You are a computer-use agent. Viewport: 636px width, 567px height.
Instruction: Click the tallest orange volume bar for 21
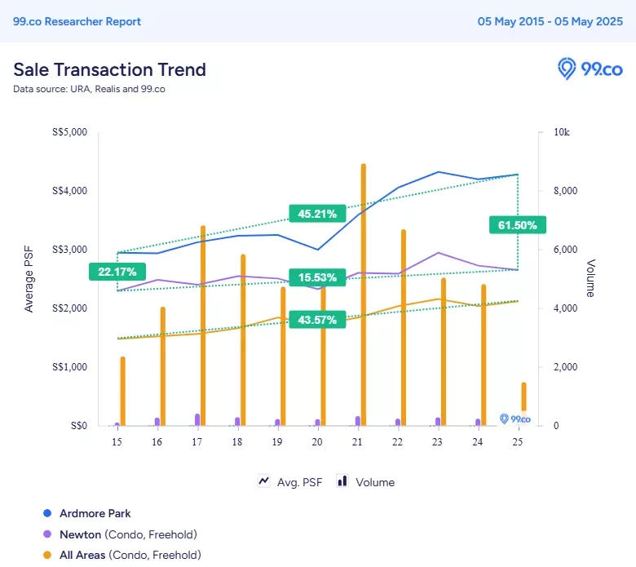pyautogui.click(x=364, y=295)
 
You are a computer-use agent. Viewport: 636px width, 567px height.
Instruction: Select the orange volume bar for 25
pyautogui.click(x=523, y=404)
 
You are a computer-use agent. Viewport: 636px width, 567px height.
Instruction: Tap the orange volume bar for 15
pyautogui.click(x=123, y=392)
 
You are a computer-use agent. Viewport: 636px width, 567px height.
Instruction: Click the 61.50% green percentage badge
pyautogui.click(x=518, y=225)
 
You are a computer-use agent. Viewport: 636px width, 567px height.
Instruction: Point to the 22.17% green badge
pyautogui.click(x=117, y=272)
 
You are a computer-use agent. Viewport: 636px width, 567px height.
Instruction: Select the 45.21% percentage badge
pyautogui.click(x=317, y=214)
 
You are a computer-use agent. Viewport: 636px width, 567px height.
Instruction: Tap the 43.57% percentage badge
pyautogui.click(x=317, y=320)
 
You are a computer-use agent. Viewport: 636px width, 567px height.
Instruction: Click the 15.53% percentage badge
pyautogui.click(x=317, y=277)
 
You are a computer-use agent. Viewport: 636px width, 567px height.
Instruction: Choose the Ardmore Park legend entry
pyautogui.click(x=87, y=513)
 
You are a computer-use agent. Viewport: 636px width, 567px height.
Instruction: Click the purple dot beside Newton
pyautogui.click(x=47, y=534)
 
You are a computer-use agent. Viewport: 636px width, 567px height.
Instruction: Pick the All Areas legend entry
pyautogui.click(x=122, y=555)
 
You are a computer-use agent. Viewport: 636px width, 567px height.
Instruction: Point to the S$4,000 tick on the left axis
pyautogui.click(x=70, y=191)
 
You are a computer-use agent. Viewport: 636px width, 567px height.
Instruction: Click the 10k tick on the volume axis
pyautogui.click(x=561, y=132)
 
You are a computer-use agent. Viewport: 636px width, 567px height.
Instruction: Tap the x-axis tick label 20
pyautogui.click(x=317, y=441)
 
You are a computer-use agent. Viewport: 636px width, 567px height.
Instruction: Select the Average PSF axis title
pyautogui.click(x=29, y=279)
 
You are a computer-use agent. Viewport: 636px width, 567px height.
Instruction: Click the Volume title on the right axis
pyautogui.click(x=590, y=278)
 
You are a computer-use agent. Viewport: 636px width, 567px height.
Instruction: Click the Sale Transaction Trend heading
pyautogui.click(x=109, y=69)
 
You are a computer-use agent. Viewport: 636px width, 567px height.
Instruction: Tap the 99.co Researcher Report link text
pyautogui.click(x=77, y=21)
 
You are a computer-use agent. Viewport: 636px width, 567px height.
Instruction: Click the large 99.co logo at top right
pyautogui.click(x=590, y=69)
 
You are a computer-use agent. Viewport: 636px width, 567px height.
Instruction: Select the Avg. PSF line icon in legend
pyautogui.click(x=263, y=481)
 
